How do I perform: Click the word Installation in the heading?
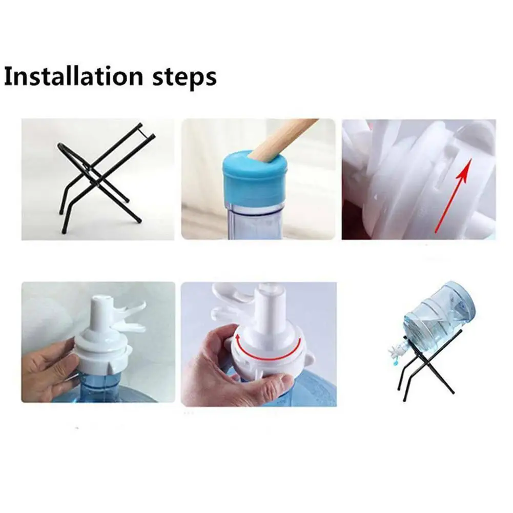pos(74,76)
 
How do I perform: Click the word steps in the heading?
pos(184,78)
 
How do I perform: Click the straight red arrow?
pos(454,195)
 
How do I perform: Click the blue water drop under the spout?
pos(397,362)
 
